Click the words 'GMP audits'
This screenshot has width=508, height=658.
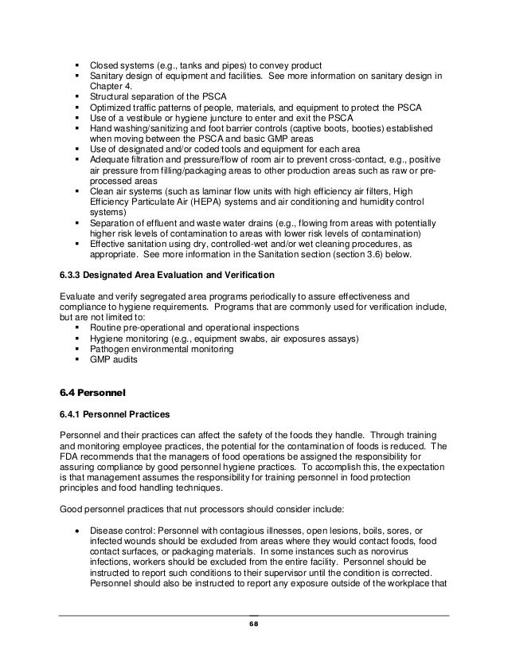click(x=114, y=360)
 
